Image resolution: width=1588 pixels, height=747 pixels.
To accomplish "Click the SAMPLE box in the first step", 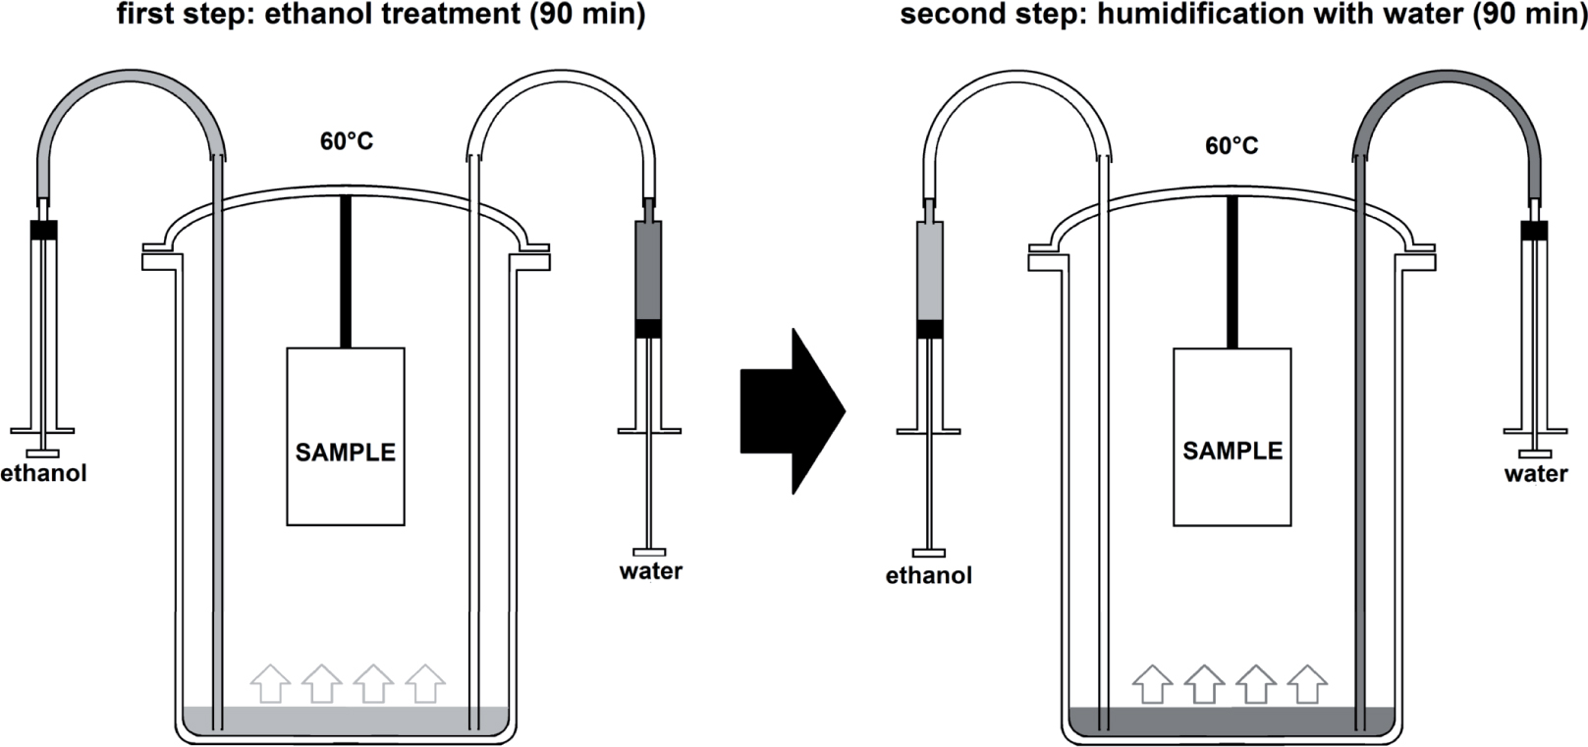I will click(346, 436).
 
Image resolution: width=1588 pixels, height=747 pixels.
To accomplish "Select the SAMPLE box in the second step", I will click(1232, 436).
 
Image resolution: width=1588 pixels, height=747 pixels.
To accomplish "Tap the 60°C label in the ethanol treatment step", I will click(347, 141).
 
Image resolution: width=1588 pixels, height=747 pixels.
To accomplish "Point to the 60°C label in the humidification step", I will click(1232, 146).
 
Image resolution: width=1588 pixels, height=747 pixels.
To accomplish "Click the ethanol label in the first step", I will click(43, 473).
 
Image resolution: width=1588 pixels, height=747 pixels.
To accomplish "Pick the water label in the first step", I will click(650, 571).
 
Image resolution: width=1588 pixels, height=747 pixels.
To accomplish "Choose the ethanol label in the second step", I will click(928, 575).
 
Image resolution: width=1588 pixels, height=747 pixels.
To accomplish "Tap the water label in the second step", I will click(1536, 474).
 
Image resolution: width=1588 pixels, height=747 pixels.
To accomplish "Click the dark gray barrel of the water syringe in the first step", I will click(648, 270).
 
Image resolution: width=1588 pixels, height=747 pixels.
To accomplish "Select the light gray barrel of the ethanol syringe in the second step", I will click(929, 270).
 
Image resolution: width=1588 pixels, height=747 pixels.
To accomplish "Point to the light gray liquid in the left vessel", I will click(344, 719).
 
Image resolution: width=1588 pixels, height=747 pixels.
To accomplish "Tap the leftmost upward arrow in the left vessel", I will click(270, 683).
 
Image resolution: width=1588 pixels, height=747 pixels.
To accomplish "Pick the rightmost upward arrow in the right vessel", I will click(1307, 683).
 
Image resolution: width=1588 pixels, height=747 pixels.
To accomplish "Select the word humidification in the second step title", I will click(1147, 16).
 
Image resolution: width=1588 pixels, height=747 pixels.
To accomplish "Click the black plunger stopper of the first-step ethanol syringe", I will click(44, 231).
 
